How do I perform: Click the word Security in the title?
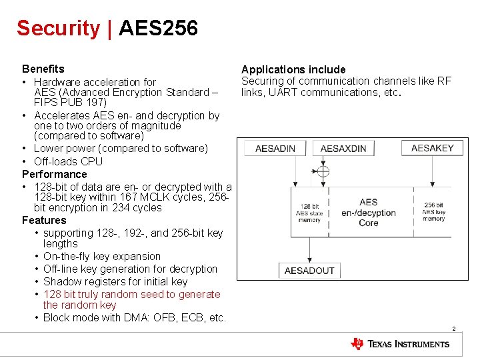pos(58,28)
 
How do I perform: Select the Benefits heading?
pos(43,69)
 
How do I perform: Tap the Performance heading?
pos(55,174)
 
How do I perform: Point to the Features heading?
pos(44,220)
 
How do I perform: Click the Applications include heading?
pos(293,69)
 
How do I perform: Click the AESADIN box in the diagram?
pos(275,148)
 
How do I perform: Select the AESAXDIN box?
pos(343,149)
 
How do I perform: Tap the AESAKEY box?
pos(432,147)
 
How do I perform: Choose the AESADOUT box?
pos(309,270)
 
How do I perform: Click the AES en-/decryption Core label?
pos(368,213)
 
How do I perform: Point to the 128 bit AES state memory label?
pos(309,213)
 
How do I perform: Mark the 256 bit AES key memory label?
pos(433,213)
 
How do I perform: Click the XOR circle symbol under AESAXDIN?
pos(323,172)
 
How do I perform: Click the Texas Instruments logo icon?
pos(358,344)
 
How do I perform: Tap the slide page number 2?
pos(453,329)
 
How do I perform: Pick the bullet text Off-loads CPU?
pos(68,161)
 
